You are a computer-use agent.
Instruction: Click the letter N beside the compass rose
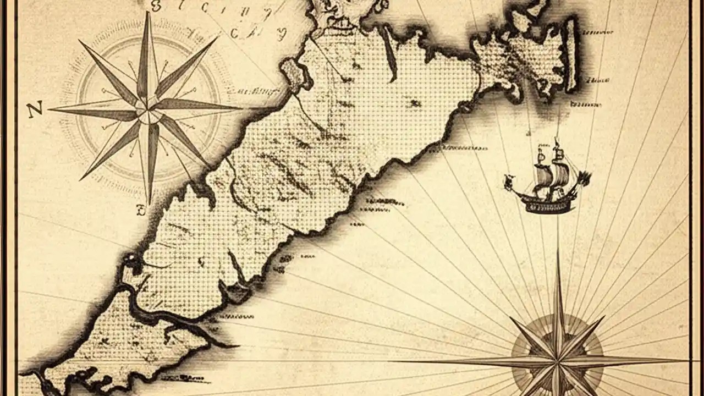coord(34,111)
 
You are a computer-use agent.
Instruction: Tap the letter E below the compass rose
coord(141,210)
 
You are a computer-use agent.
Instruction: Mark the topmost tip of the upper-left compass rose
coord(147,12)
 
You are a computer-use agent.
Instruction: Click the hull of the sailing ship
coord(544,204)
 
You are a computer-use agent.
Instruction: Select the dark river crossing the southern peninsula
coord(165,319)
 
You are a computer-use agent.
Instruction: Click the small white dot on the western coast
coord(131,258)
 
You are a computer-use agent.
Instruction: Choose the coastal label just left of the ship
coord(465,148)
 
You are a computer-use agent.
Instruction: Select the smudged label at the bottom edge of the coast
coord(190,378)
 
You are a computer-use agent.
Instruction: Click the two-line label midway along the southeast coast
coord(385,205)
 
